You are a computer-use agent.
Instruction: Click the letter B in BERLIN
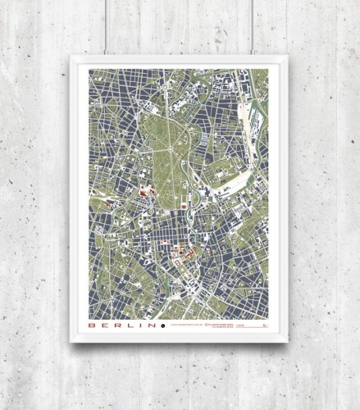coord(93,326)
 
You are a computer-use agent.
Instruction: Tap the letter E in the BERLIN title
coord(104,326)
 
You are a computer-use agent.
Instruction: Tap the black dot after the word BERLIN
coord(162,326)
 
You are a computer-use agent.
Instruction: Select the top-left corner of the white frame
coord(71,56)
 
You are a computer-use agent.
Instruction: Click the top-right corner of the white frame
coord(287,56)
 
